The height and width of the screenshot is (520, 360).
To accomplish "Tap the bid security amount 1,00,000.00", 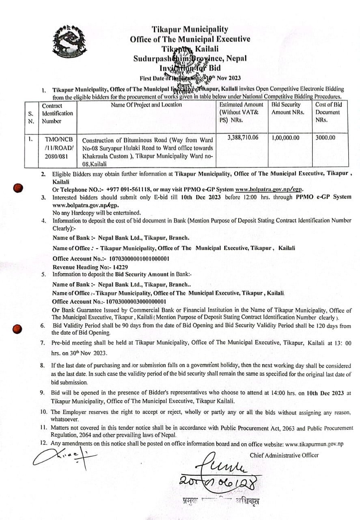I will tap(286, 138).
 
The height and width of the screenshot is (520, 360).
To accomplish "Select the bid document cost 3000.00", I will tap(326, 138).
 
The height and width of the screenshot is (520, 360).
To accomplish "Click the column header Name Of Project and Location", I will tap(147, 105).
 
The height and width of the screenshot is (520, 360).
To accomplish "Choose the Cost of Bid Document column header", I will tap(328, 112).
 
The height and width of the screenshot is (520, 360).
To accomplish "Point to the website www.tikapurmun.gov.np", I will tap(315, 444).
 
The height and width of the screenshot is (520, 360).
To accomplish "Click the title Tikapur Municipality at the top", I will tap(190, 29).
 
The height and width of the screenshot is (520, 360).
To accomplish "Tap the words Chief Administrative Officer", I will tap(284, 455).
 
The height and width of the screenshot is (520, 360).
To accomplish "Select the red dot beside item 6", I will tap(17, 329).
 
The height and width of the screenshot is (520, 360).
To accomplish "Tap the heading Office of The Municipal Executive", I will tap(190, 39).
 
